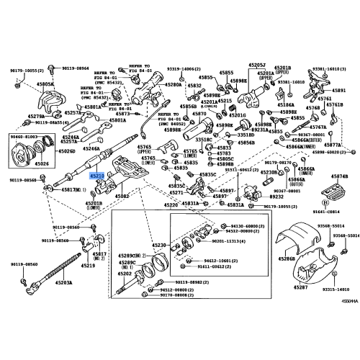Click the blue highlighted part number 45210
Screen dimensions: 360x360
96,175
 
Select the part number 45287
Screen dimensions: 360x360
300,288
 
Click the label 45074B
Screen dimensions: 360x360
340,176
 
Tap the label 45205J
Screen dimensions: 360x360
258,66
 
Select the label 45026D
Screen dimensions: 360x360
66,152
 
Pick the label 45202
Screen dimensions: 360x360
125,274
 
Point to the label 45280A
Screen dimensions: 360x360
174,85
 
